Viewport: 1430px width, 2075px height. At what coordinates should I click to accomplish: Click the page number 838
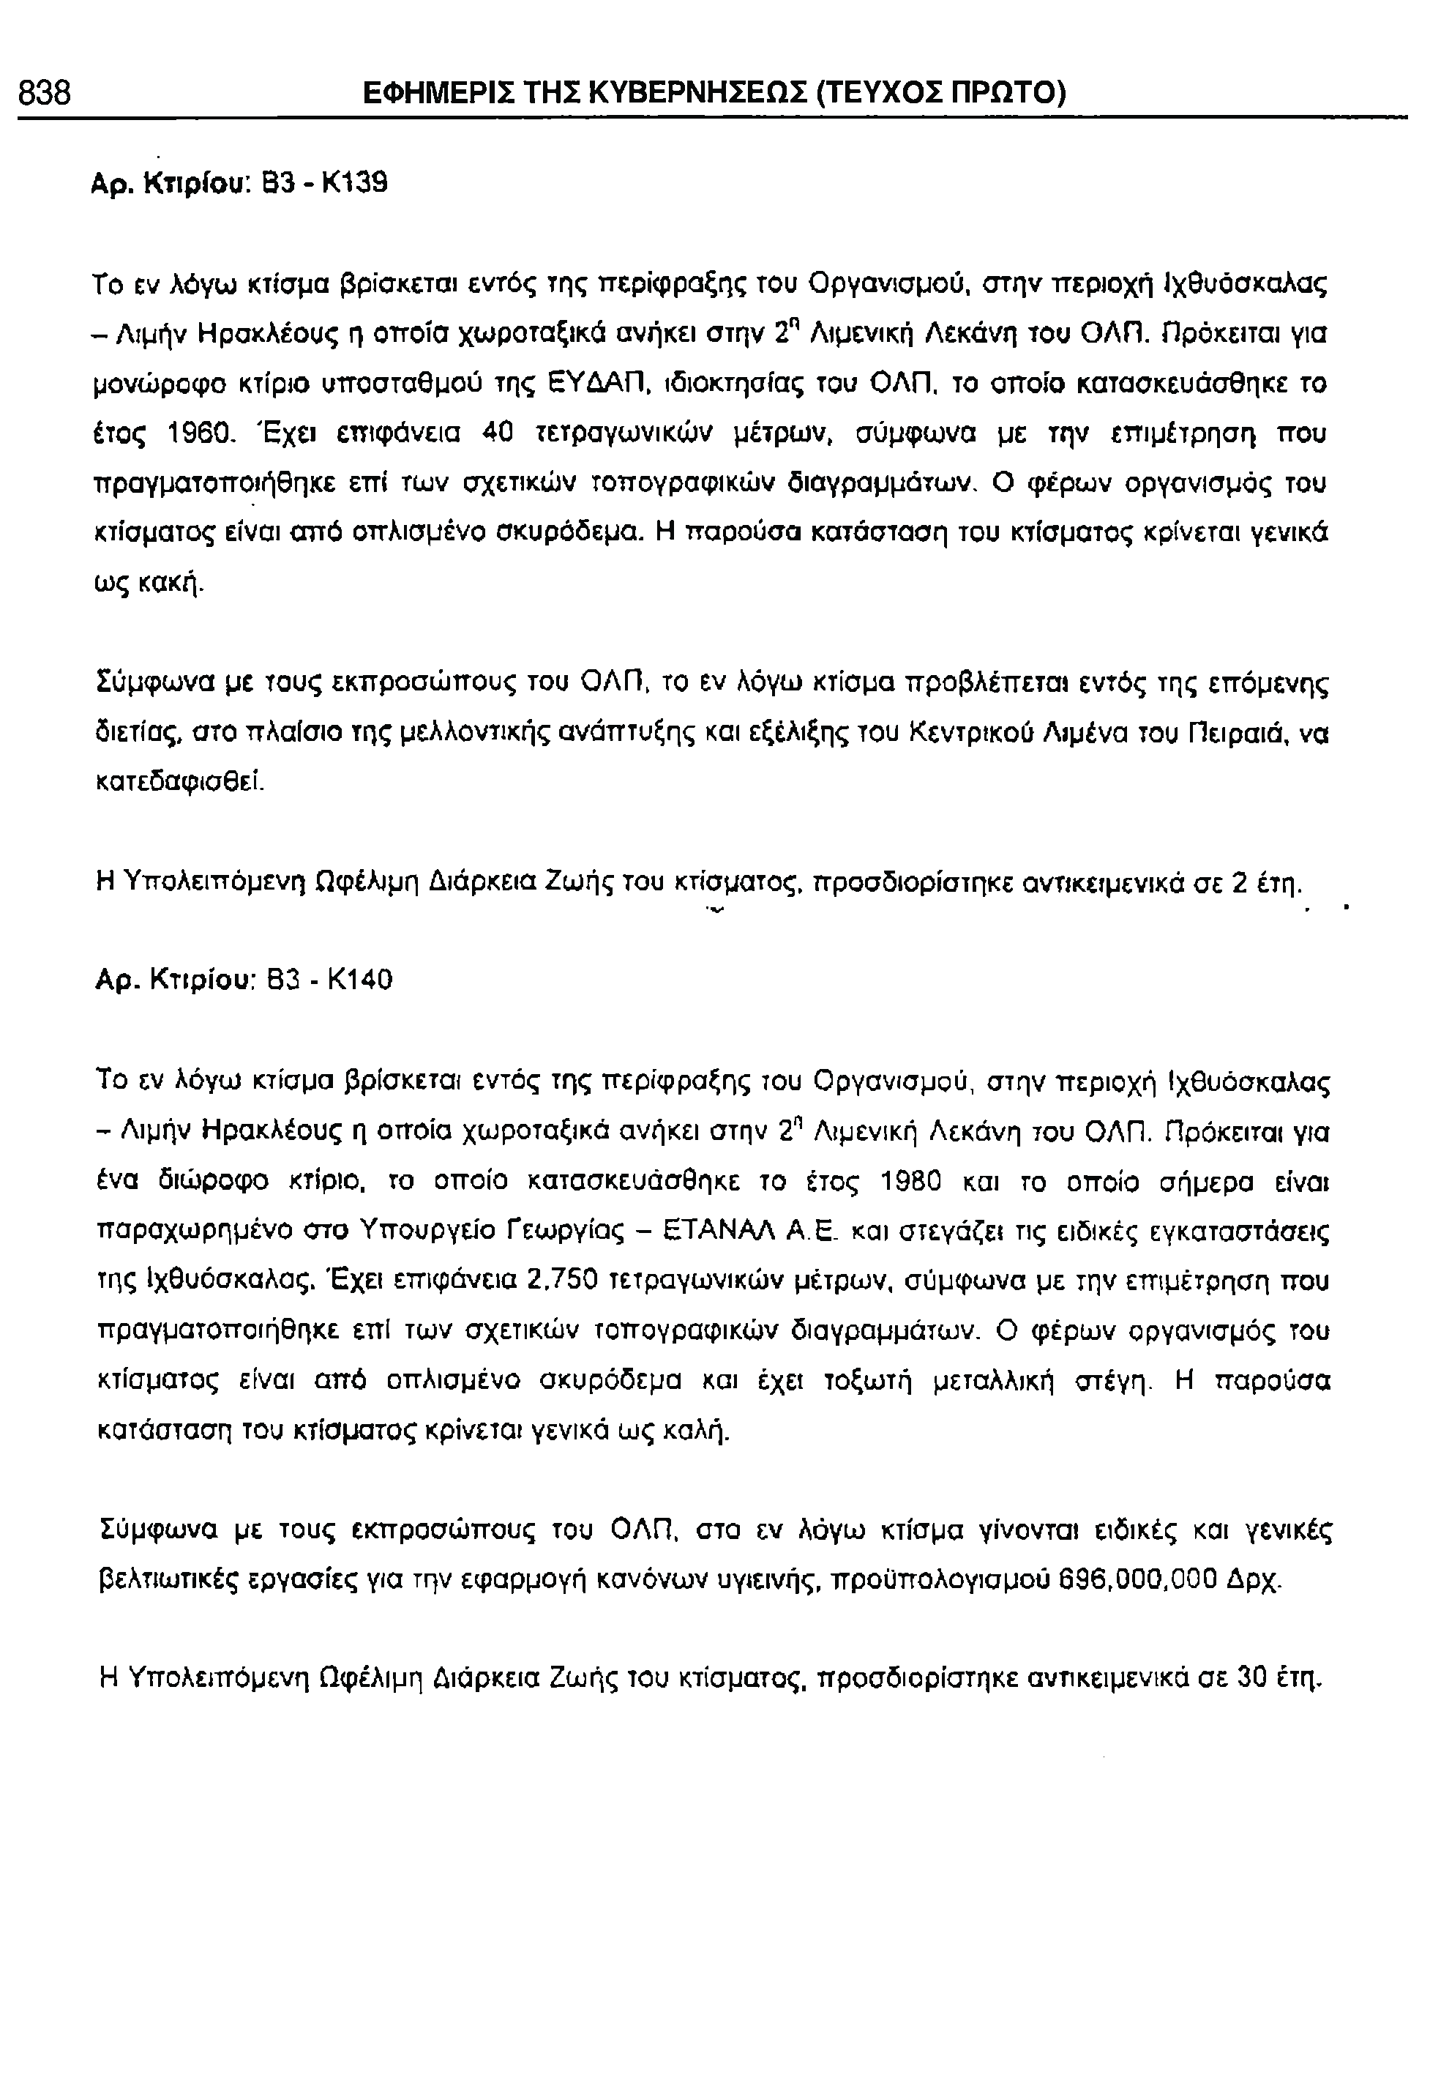45,92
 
